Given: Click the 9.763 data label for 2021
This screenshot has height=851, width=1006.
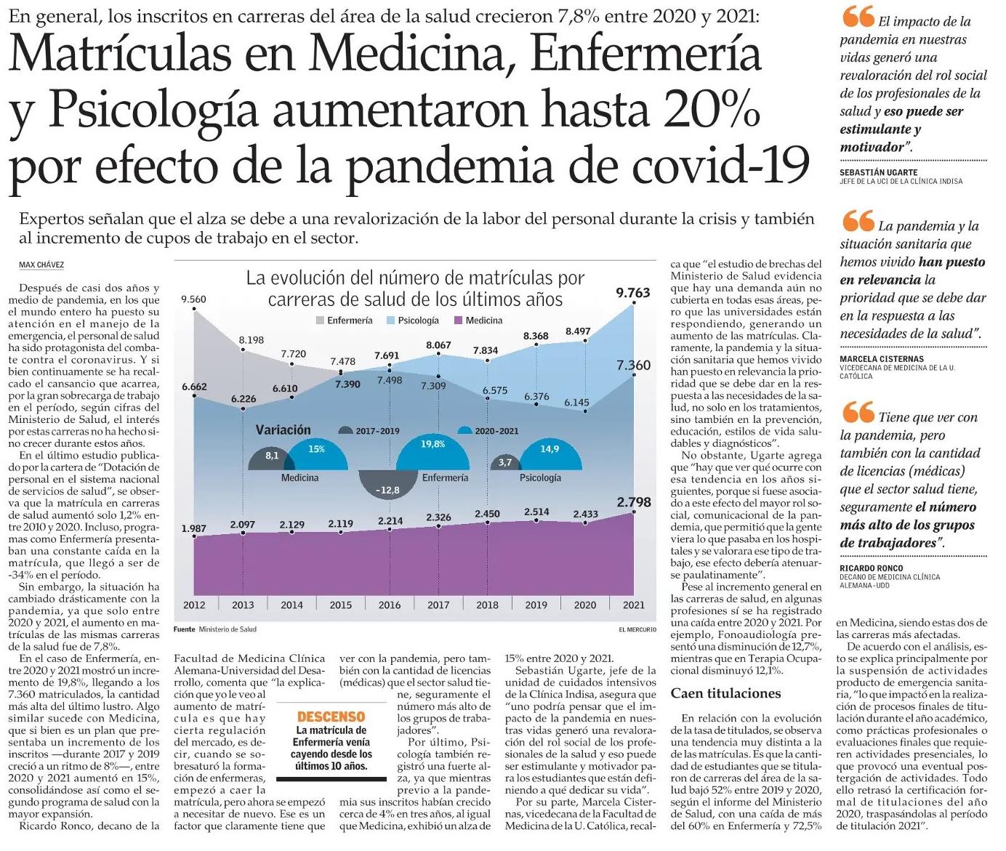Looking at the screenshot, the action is [632, 293].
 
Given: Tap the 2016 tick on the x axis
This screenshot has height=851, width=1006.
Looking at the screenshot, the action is [390, 605].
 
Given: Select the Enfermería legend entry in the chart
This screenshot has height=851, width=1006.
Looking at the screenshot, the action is [345, 320].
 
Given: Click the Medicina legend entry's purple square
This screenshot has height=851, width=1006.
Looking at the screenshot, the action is [457, 320].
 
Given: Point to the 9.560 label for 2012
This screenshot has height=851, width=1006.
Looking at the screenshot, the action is [193, 299].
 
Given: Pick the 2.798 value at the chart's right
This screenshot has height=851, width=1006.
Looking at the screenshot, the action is [634, 502].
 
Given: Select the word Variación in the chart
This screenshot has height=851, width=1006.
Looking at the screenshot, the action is [283, 430].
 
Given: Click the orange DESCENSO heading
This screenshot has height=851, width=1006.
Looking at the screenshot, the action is [331, 717].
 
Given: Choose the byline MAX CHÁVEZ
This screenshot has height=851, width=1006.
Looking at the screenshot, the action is [41, 265].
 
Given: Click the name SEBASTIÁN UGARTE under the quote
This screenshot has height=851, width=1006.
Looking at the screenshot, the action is [879, 172].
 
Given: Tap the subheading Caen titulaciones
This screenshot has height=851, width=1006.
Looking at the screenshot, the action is [725, 693].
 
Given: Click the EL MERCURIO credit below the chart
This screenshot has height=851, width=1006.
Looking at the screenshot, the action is [637, 629].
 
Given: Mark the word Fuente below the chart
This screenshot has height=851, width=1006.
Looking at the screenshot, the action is [184, 629].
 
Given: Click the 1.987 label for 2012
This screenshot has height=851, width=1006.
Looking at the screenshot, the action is [193, 528].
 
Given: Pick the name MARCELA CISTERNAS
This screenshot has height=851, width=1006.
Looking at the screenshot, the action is [882, 359].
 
